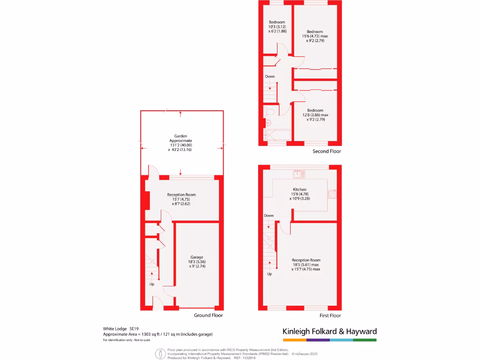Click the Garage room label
coord(196,257)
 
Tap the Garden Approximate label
coord(180,141)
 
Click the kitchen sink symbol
coord(299,174)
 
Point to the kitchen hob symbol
coord(332,194)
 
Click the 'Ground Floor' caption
coord(209,315)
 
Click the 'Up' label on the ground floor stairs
coord(152,284)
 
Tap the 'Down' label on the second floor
coord(270,76)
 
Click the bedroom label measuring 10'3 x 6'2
coord(277,22)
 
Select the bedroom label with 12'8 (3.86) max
coord(315,111)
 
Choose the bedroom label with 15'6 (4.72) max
coord(315,32)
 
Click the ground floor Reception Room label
coord(181,195)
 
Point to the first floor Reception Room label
coord(306,260)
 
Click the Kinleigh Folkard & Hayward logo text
coord(330,331)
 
